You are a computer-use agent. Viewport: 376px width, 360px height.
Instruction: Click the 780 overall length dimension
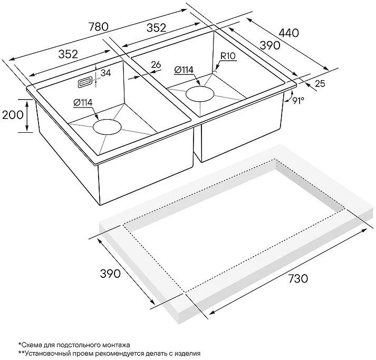(x=99, y=26)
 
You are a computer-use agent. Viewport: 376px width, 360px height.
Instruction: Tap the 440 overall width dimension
(x=288, y=33)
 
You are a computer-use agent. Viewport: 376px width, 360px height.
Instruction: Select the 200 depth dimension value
(x=13, y=115)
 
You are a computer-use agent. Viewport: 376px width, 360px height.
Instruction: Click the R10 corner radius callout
(x=228, y=56)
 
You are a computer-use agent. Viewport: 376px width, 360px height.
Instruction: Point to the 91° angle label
(x=298, y=101)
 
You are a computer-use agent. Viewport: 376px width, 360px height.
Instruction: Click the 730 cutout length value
(x=297, y=278)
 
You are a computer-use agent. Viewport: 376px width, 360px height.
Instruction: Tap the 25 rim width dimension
(x=320, y=83)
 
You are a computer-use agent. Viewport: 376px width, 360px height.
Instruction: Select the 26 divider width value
(x=156, y=65)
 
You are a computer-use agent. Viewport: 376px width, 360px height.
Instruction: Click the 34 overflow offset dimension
(x=105, y=73)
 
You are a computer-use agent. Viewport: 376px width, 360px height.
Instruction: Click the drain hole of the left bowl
(x=107, y=127)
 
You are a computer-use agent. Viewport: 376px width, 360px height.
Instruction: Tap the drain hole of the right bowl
(x=199, y=94)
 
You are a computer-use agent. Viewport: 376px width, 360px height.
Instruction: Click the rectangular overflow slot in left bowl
(x=84, y=82)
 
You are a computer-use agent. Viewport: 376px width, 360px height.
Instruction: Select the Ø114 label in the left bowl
(x=83, y=103)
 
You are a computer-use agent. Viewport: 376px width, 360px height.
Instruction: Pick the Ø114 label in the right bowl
(x=184, y=70)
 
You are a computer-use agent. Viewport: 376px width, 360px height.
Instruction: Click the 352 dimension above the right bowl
(x=156, y=28)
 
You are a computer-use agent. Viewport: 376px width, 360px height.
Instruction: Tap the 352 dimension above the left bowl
(x=68, y=54)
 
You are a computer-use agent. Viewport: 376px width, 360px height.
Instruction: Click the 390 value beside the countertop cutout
(x=110, y=274)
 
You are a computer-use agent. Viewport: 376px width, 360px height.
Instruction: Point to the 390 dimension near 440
(x=270, y=45)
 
